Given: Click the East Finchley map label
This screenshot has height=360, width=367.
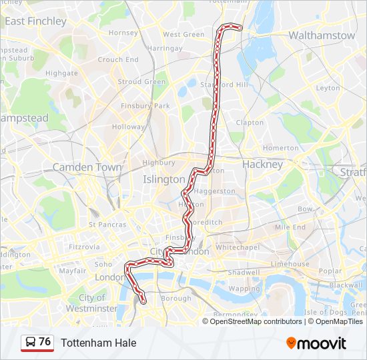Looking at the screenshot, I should [36, 21].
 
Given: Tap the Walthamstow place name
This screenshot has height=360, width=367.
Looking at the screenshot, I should [322, 35].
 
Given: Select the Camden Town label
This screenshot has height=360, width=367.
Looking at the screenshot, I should [87, 167].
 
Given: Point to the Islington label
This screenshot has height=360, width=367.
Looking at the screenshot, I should [164, 179].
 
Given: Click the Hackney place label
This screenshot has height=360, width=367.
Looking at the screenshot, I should [263, 164].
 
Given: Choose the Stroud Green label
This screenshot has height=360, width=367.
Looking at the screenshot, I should [141, 82].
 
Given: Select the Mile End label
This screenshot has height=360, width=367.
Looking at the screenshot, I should [290, 227].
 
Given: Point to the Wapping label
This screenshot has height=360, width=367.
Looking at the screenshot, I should [244, 289].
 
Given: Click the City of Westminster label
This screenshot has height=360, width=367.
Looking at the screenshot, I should [93, 303].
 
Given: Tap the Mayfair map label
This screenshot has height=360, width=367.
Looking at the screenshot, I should [72, 271].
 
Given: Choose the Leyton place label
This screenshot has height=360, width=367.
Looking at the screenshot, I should [328, 88].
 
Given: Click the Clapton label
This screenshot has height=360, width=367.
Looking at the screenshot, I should [250, 123].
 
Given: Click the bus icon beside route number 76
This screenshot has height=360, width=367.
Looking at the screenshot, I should [31, 342].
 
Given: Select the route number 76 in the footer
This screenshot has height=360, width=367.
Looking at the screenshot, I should [45, 342].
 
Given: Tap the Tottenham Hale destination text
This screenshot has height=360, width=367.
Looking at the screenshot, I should [99, 343].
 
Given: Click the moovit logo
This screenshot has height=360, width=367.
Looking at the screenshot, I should [316, 343].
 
